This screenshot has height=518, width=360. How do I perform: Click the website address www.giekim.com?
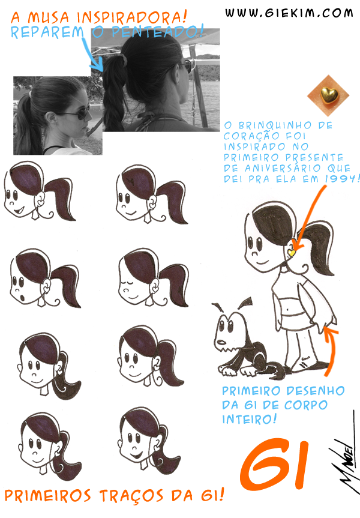tap(289, 13)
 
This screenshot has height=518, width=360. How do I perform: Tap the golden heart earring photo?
tap(328, 95)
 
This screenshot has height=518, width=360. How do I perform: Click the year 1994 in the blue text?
tap(341, 179)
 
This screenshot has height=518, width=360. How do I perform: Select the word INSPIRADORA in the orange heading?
tap(132, 17)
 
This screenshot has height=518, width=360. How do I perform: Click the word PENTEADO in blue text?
tap(157, 32)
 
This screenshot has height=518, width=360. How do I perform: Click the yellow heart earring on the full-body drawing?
tap(292, 253)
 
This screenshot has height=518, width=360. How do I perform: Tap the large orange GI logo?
tap(274, 464)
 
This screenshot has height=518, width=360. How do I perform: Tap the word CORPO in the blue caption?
tap(306, 405)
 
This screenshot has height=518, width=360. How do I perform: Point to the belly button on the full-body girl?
tap(288, 310)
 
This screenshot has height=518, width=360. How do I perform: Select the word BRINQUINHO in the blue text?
tap(275, 125)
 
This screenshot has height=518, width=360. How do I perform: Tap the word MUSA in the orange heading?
tap(49, 17)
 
